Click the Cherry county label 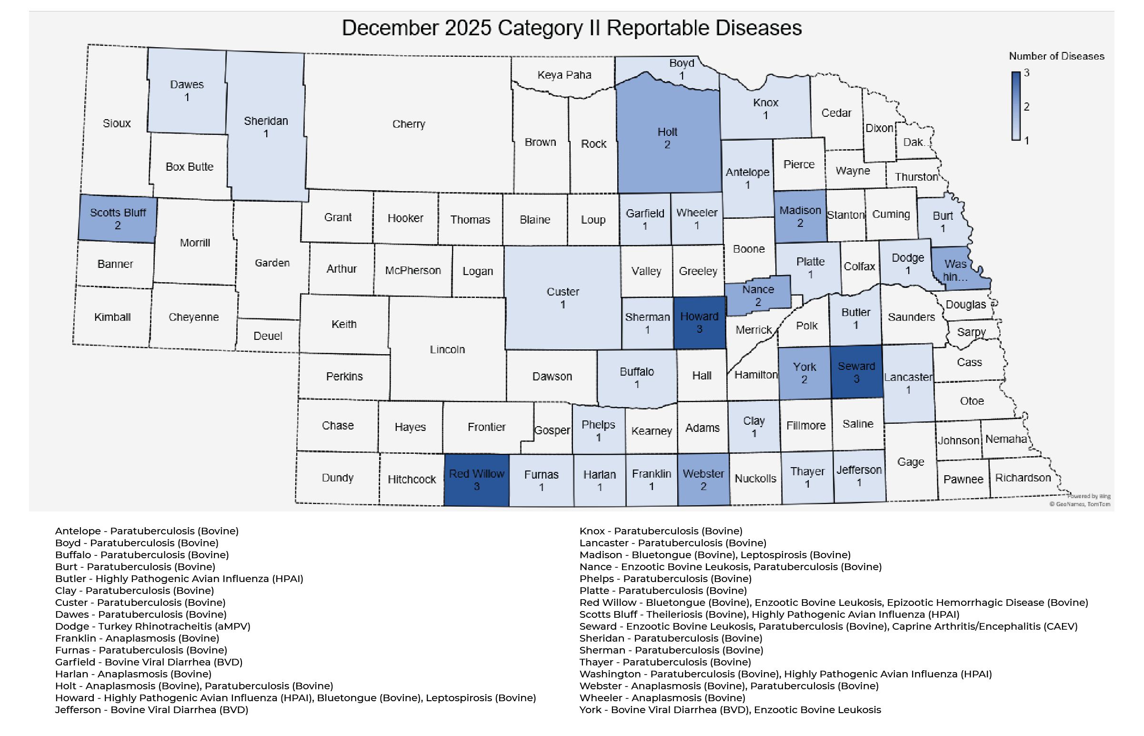pos(408,124)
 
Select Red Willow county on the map pos(476,480)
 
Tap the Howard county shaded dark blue pos(699,323)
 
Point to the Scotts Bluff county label pos(118,213)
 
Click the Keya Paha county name pos(564,75)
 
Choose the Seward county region pos(856,372)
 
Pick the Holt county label pos(667,132)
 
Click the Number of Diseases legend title pos(1056,56)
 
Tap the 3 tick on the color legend pos(1026,73)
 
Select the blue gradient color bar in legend pos(1015,106)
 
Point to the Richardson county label pos(1023,478)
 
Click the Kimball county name pos(112,317)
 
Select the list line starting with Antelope pos(147,531)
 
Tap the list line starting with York pos(730,710)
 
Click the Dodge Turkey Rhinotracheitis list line pos(152,626)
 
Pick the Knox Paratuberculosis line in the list pos(660,531)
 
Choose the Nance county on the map pos(757,296)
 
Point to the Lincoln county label pos(447,350)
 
